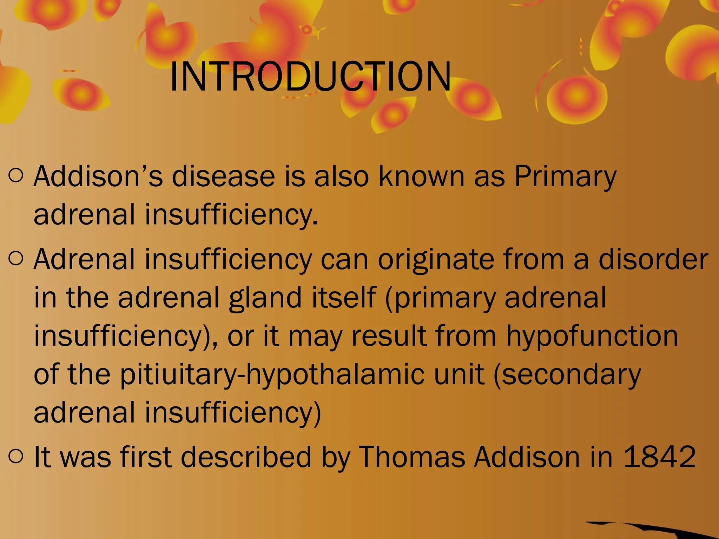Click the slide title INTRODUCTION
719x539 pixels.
310,76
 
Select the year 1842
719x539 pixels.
660,457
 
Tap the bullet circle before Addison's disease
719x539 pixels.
16,175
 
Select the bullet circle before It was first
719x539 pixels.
16,456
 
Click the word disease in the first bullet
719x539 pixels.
223,176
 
